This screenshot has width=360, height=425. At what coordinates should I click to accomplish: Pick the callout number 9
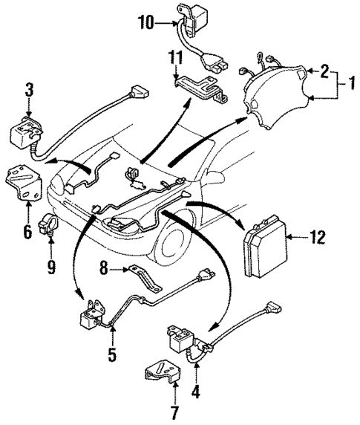111,356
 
